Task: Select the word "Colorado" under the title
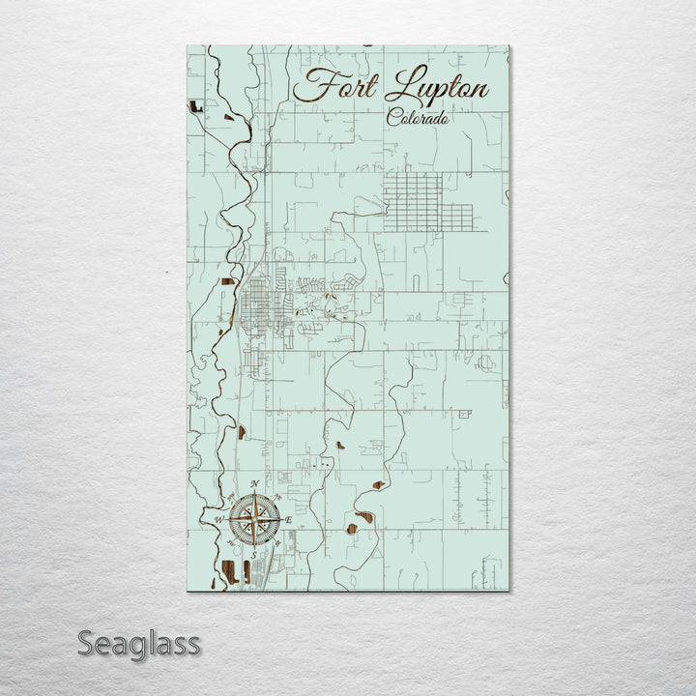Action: coord(418,118)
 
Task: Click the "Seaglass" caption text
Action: coord(138,643)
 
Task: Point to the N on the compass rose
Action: coord(253,483)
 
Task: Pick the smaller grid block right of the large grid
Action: coord(457,217)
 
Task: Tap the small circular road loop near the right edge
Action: coord(484,363)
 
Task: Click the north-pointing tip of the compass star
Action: coord(254,495)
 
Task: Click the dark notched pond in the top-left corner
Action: coord(196,106)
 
